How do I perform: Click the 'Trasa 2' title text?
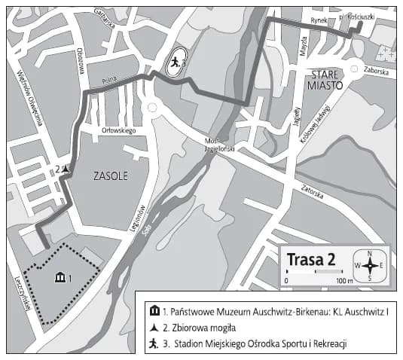click(x=310, y=259)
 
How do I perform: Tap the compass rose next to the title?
click(x=370, y=264)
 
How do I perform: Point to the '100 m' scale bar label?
click(x=345, y=281)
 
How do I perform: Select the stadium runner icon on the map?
click(x=176, y=63)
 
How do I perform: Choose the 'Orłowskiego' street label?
click(x=118, y=130)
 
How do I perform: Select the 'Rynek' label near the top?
click(x=320, y=20)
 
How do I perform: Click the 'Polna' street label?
click(x=105, y=80)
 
